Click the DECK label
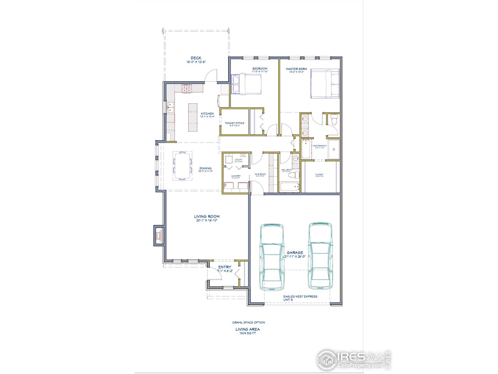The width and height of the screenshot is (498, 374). (x=196, y=58)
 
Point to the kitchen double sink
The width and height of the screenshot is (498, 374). (x=170, y=107)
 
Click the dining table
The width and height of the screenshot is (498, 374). (x=182, y=166)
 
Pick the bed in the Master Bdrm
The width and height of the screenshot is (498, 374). (x=325, y=84)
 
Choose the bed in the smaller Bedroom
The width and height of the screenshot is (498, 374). (x=246, y=84)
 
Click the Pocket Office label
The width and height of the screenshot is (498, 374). (x=235, y=123)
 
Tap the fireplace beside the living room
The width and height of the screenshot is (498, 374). (x=159, y=235)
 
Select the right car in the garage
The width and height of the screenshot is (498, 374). (x=320, y=255)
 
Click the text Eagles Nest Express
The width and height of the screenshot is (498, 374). (x=300, y=296)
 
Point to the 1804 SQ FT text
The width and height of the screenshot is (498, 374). (x=247, y=333)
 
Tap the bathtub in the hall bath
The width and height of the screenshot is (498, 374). (x=289, y=187)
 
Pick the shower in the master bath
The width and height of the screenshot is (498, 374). (x=333, y=150)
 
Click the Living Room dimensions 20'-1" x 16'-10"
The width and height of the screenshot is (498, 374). (x=207, y=221)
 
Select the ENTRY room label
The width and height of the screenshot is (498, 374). (x=225, y=267)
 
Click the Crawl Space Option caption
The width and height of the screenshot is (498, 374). (x=248, y=323)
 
